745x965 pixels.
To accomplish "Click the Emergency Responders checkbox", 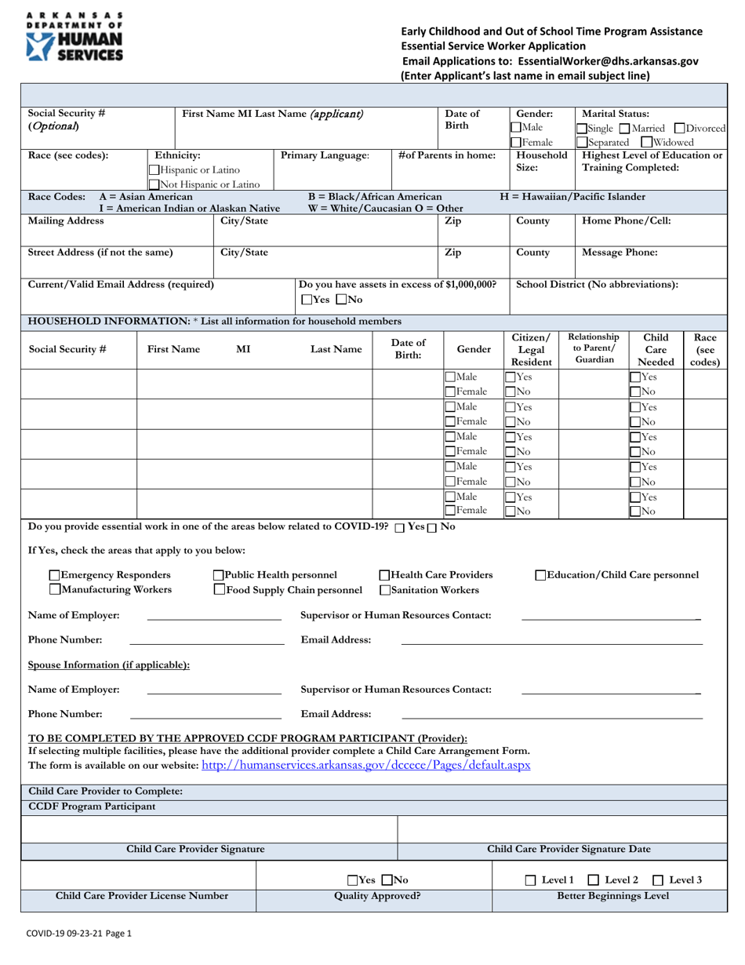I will tap(54, 575).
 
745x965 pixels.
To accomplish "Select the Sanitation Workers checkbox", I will tap(385, 590).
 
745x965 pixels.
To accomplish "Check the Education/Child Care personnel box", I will tap(541, 575).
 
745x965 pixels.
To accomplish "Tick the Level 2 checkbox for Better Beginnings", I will tap(594, 880).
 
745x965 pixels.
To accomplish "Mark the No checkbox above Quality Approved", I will tap(386, 880).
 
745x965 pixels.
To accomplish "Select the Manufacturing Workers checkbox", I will tap(54, 590).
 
